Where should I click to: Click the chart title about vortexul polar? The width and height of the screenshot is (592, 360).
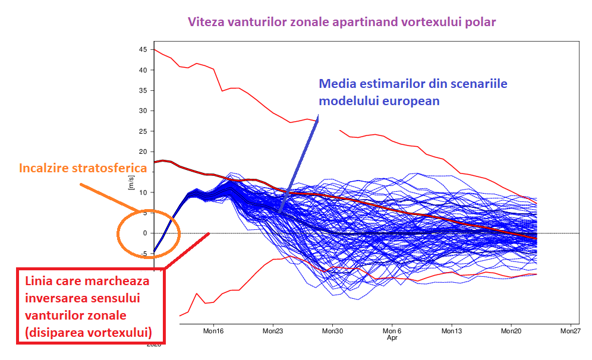341,23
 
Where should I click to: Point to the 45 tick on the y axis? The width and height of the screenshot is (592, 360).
143,50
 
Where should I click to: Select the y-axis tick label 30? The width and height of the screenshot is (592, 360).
143,111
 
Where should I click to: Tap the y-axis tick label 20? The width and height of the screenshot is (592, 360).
143,152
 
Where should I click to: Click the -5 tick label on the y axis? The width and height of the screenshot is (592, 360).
143,254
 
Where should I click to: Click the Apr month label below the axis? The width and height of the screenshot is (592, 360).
392,337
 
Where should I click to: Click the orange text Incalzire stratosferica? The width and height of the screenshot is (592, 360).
83,168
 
